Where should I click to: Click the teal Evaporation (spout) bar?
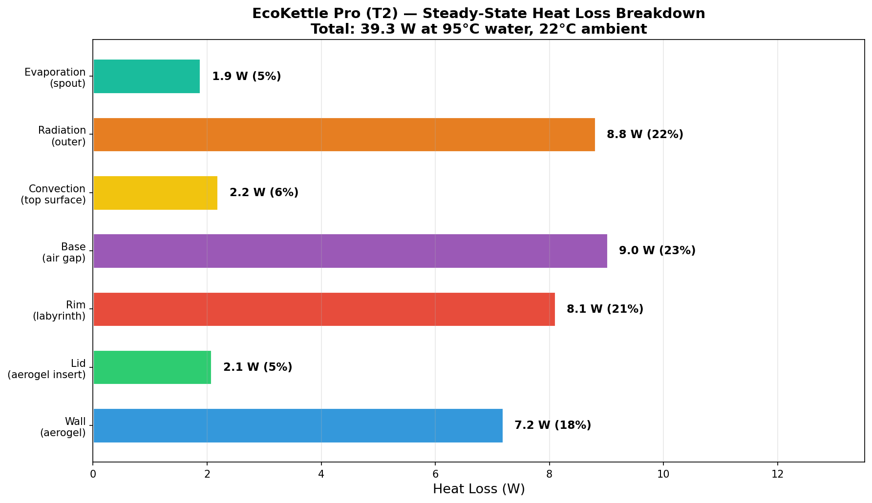click(x=147, y=76)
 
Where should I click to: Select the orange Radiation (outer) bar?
click(x=344, y=135)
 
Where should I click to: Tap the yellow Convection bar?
click(x=155, y=193)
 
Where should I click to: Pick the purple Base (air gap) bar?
click(x=350, y=251)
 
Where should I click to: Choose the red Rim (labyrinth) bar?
click(x=324, y=309)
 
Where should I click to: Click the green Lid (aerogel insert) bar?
click(x=152, y=367)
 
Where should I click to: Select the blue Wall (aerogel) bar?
click(x=298, y=425)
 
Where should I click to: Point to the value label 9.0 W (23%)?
click(x=657, y=251)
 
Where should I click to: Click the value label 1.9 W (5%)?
click(x=246, y=77)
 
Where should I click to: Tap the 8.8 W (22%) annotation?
click(x=645, y=135)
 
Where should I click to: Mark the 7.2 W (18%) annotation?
click(x=553, y=425)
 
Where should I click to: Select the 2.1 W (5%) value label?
click(x=257, y=367)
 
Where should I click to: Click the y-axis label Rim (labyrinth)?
click(x=59, y=311)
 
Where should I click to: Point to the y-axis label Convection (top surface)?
click(x=53, y=194)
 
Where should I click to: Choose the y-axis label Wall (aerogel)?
click(x=63, y=427)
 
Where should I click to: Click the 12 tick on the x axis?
click(x=777, y=474)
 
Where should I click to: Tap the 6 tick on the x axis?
click(x=435, y=474)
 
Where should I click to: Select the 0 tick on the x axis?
click(x=93, y=474)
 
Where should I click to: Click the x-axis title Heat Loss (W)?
click(x=479, y=489)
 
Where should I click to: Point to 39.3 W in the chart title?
click(x=382, y=29)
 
